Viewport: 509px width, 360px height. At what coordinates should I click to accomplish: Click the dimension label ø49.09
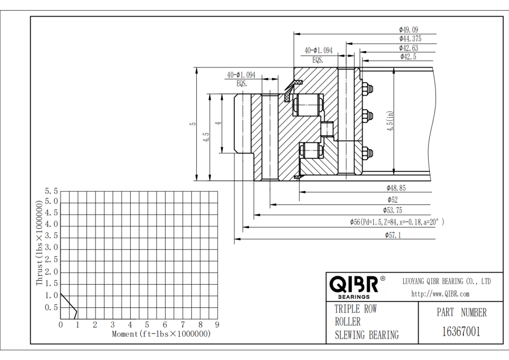(408, 29)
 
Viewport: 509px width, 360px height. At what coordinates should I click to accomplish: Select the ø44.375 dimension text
(410, 38)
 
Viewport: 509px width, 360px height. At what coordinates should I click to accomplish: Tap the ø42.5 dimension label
(408, 57)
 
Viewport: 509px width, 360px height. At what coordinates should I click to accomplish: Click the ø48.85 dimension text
(396, 187)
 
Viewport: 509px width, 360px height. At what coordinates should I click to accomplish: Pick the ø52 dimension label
(392, 199)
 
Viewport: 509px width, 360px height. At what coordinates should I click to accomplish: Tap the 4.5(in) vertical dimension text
(390, 121)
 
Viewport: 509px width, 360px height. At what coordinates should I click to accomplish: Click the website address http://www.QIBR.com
(440, 293)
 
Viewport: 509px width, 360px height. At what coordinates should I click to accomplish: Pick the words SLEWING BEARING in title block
(366, 335)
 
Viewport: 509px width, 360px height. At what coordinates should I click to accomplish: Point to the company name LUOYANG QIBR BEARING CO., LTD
(446, 281)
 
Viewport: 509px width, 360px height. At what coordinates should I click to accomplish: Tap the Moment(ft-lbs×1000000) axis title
(161, 334)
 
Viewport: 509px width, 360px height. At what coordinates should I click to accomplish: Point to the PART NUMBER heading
(461, 312)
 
